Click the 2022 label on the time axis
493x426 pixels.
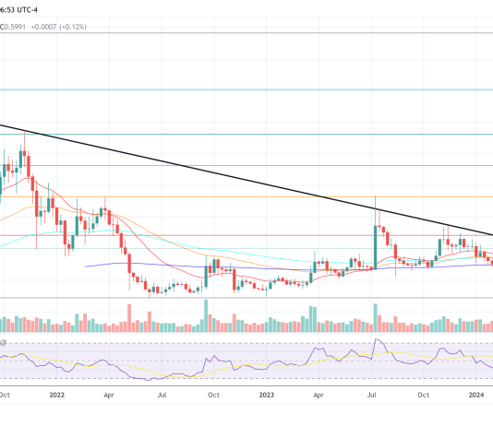point(57,394)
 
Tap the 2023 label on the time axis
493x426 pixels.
point(266,394)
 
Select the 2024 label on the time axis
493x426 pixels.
point(476,394)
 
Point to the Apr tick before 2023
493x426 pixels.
point(109,394)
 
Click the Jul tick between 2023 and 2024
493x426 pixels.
point(372,394)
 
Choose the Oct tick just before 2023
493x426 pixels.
point(213,394)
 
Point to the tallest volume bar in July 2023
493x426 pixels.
point(376,318)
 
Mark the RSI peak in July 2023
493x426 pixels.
point(376,343)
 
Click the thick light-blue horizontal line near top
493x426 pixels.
point(246,89)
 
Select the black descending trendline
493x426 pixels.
point(246,180)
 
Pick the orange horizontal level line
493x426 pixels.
point(246,196)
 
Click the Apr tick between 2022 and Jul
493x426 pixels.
point(109,394)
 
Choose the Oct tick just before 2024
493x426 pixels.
point(424,394)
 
